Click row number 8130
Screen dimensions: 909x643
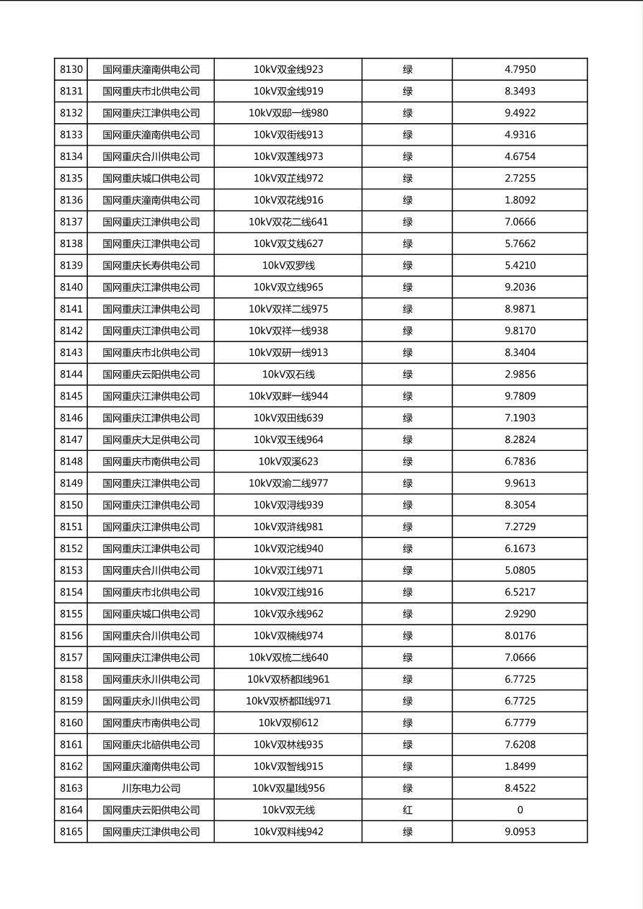point(71,70)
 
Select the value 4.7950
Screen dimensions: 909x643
point(520,70)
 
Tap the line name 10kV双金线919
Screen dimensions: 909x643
point(288,91)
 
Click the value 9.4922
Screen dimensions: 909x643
point(520,113)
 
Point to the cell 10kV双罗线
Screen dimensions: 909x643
point(288,266)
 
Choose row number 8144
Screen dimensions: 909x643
point(71,375)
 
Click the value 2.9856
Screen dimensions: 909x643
point(520,375)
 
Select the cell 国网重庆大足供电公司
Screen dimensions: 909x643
point(151,440)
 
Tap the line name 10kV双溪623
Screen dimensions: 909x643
point(288,462)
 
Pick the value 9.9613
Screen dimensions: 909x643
point(520,483)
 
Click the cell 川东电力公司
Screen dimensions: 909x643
point(151,789)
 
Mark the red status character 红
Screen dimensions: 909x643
point(407,810)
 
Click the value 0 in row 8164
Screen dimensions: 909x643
point(520,810)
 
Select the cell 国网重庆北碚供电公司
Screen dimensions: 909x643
point(151,745)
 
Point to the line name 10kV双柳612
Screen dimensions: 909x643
point(288,723)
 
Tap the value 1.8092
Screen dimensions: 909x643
point(520,200)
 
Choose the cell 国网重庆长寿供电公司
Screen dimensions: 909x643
point(151,266)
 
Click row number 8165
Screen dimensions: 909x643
point(71,832)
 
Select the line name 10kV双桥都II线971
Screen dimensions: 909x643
point(288,702)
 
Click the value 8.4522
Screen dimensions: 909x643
point(520,789)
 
